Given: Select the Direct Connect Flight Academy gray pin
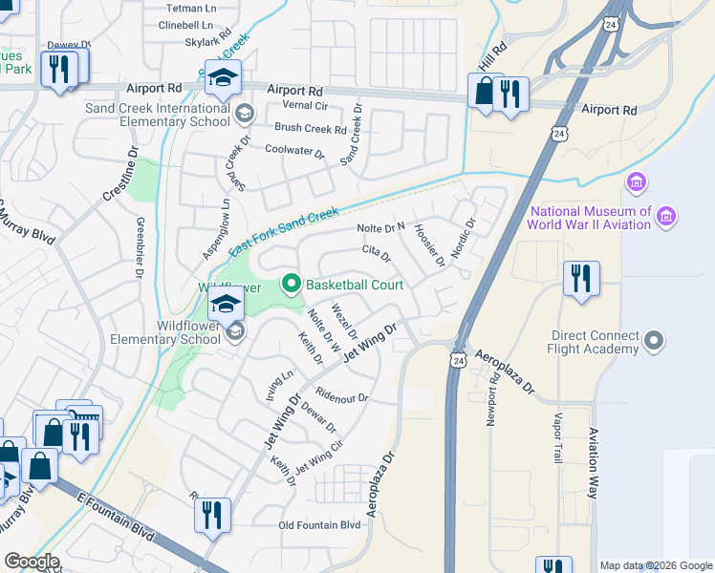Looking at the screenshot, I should coord(654,340).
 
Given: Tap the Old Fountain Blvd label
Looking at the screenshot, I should coord(319,525).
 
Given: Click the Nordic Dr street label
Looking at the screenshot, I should coord(464,239).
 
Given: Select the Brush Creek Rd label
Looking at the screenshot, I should coord(310,128).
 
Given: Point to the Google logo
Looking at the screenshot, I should coord(32,562).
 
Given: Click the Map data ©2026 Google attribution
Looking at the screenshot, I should coord(655,565).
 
